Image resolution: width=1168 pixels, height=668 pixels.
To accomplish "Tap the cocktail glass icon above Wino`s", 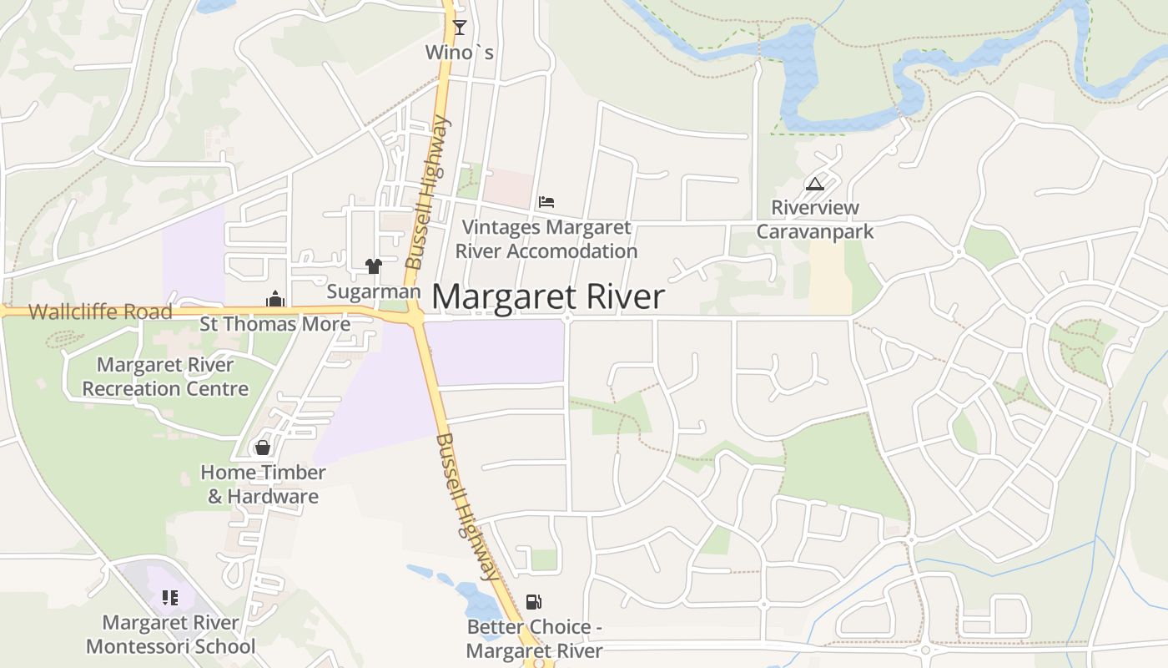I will tap(459, 27).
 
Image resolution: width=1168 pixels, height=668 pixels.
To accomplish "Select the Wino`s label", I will tap(459, 53).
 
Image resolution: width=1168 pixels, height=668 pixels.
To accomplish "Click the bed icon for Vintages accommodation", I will tap(546, 201).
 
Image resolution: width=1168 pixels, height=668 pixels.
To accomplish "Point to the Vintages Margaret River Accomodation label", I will tap(546, 239).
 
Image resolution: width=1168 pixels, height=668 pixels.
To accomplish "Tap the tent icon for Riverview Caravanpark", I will tap(815, 184).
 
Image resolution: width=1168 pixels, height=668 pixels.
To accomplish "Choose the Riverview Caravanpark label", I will tap(815, 219).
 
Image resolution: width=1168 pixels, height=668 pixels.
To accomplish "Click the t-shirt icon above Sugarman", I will tap(373, 266).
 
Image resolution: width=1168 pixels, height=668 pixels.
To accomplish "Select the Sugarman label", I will tap(373, 291).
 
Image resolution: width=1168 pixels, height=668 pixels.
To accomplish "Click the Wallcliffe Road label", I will tap(100, 312).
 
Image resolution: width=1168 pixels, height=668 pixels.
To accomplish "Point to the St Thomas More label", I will tap(275, 324).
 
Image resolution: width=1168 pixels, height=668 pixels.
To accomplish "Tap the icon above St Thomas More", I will tap(275, 300).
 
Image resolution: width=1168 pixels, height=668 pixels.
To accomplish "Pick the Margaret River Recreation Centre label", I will tap(165, 377).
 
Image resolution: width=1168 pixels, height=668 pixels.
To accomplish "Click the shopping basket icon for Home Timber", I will tap(263, 448).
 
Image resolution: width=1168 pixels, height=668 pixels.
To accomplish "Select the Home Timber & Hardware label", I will tap(263, 484).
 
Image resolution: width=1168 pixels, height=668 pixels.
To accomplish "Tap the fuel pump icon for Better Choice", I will tap(533, 602).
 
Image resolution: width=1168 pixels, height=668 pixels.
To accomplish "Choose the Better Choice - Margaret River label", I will tap(534, 640).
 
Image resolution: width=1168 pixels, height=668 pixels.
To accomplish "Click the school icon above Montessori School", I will tap(170, 598).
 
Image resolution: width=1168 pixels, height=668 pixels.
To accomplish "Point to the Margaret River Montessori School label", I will tap(170, 635).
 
